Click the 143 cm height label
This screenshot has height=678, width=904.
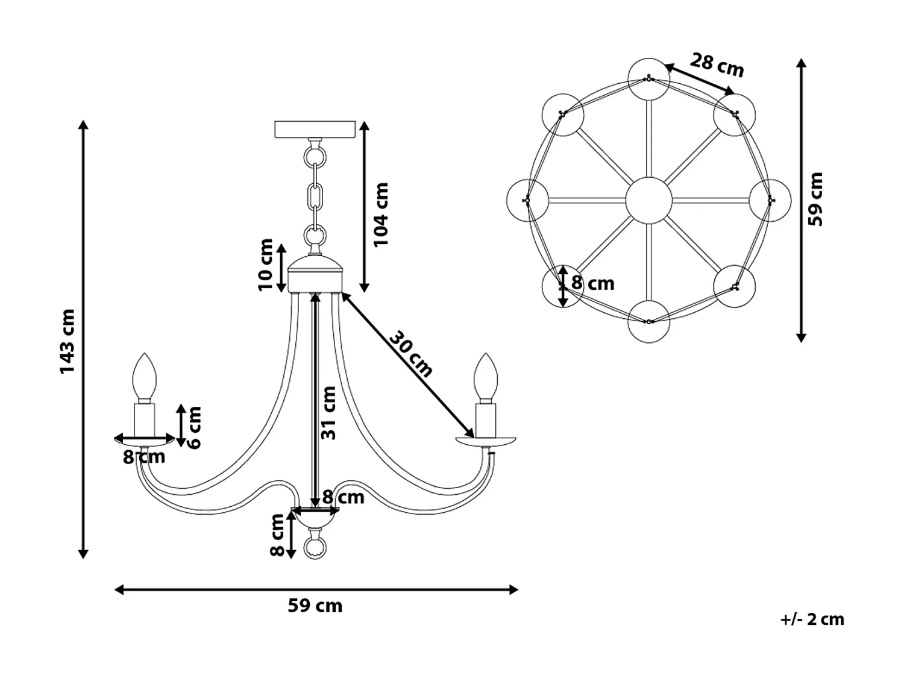tap(67, 341)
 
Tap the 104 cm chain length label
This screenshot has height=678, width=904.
tap(381, 214)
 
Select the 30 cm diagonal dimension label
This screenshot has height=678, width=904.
tap(410, 354)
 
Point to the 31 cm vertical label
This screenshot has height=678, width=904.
tap(328, 413)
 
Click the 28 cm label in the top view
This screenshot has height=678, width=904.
tap(717, 64)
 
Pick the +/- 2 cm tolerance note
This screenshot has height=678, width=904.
tap(812, 619)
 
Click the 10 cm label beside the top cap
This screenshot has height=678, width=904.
tap(266, 265)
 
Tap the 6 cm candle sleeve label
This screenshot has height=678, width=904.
tap(194, 427)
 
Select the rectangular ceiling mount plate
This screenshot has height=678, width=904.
tap(314, 130)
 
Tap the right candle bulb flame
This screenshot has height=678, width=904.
tap(486, 377)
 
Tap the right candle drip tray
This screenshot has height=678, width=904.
tap(486, 442)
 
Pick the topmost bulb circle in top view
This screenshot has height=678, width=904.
tap(648, 79)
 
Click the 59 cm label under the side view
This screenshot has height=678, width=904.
tap(315, 605)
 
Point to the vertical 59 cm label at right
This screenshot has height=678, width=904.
tap(815, 199)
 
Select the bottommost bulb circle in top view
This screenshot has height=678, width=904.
tap(648, 321)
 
